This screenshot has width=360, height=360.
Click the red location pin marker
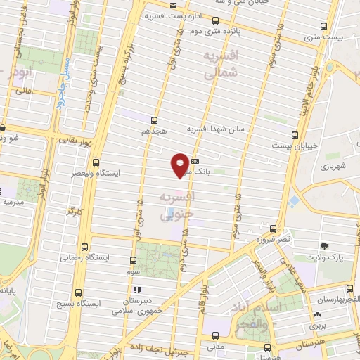tap(180, 164)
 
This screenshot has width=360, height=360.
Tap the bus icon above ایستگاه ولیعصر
tap(96, 162)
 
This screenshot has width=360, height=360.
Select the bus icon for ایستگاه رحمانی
tap(85, 247)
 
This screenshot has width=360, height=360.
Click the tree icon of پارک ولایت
tap(323, 247)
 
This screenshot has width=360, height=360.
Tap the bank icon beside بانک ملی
tap(195, 160)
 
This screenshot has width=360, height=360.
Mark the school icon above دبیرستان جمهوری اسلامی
tap(138, 290)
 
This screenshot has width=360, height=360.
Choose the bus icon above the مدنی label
tap(216, 337)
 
